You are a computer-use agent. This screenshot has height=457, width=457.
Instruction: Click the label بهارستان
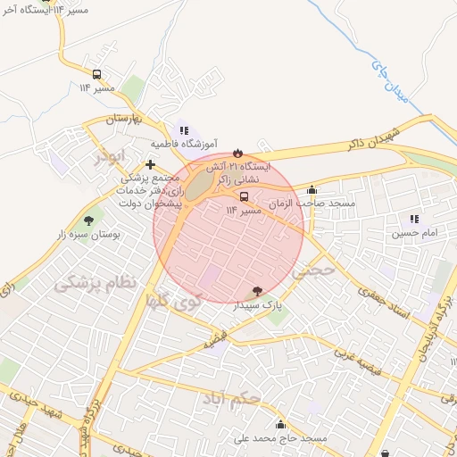[x=125, y=118]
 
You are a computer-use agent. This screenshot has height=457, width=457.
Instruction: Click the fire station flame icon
[x=237, y=154]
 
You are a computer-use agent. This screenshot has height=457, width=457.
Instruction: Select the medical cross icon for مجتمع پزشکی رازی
[x=150, y=164]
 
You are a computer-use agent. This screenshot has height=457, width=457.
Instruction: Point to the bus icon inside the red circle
[x=244, y=196]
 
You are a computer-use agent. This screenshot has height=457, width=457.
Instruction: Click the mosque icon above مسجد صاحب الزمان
[x=311, y=189]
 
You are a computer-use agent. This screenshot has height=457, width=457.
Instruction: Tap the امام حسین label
[x=413, y=234]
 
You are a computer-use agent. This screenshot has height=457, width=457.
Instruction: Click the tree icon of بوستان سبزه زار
[x=88, y=220]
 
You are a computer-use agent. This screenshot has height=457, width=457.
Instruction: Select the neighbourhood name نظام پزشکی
[x=96, y=284]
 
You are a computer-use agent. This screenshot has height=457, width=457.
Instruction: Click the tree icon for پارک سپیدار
[x=258, y=291]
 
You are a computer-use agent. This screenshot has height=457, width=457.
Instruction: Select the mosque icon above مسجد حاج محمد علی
[x=280, y=425]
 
